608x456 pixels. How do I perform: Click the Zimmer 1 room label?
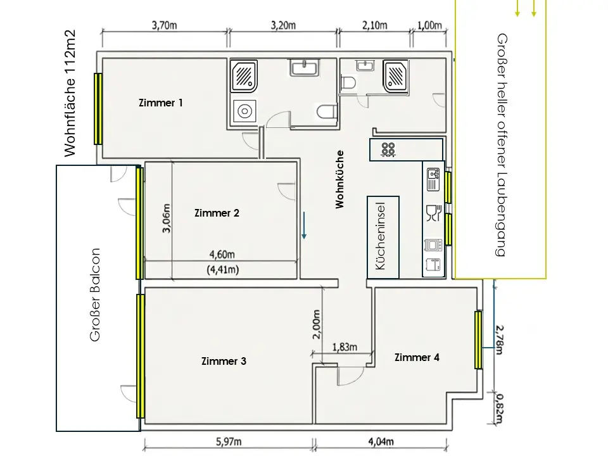pyautogui.click(x=160, y=103)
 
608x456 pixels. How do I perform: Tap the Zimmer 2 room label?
pyautogui.click(x=217, y=213)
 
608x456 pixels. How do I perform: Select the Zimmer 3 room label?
pyautogui.click(x=224, y=361)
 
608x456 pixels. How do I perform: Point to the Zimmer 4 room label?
pyautogui.click(x=417, y=357)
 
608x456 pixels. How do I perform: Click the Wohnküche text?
pyautogui.click(x=339, y=179)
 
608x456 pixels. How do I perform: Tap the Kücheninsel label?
pyautogui.click(x=381, y=236)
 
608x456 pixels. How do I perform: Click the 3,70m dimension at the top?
pyautogui.click(x=165, y=25)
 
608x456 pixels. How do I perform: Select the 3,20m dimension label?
pyautogui.click(x=283, y=25)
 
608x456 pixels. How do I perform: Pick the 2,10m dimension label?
pyautogui.click(x=374, y=25)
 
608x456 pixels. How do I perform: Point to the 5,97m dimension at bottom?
pyautogui.click(x=229, y=441)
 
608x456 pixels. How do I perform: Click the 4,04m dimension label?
pyautogui.click(x=381, y=441)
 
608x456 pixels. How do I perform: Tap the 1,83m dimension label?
pyautogui.click(x=345, y=347)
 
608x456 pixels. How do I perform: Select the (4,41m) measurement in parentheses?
pyautogui.click(x=223, y=270)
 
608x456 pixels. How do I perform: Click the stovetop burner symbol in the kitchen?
pyautogui.click(x=388, y=149)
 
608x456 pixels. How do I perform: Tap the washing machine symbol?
pyautogui.click(x=244, y=111)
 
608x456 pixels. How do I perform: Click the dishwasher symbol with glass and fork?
pyautogui.click(x=433, y=213)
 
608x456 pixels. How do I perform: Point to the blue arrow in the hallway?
pyautogui.click(x=305, y=225)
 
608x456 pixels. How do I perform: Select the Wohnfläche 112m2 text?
pyautogui.click(x=70, y=94)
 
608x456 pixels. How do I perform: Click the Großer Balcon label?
pyautogui.click(x=95, y=294)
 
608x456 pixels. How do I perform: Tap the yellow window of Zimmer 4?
pyautogui.click(x=479, y=339)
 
